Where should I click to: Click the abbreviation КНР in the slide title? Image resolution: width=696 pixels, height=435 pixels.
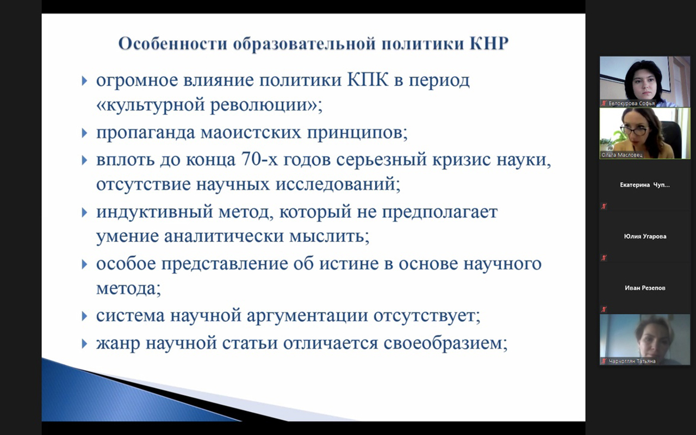click(489, 43)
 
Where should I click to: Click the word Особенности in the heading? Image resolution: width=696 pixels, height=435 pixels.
click(173, 43)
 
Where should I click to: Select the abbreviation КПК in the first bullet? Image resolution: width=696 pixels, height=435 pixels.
click(368, 80)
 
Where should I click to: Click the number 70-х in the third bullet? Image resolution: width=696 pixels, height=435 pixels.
click(259, 159)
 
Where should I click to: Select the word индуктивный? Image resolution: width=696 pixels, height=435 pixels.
click(154, 212)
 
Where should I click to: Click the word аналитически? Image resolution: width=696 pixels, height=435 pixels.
click(223, 237)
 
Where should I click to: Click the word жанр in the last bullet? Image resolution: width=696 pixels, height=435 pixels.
click(118, 344)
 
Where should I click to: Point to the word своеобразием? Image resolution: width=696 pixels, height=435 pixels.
click(445, 343)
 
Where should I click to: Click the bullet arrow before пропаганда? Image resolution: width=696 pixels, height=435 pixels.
click(84, 133)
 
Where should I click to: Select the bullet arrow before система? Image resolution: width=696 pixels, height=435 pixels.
click(84, 316)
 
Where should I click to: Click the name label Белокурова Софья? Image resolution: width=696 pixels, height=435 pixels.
click(631, 103)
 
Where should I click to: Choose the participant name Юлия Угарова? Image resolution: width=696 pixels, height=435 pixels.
click(645, 237)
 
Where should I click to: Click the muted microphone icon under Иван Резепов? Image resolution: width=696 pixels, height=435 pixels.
click(604, 309)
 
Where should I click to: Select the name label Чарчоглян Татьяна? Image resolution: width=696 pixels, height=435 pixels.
click(632, 361)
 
